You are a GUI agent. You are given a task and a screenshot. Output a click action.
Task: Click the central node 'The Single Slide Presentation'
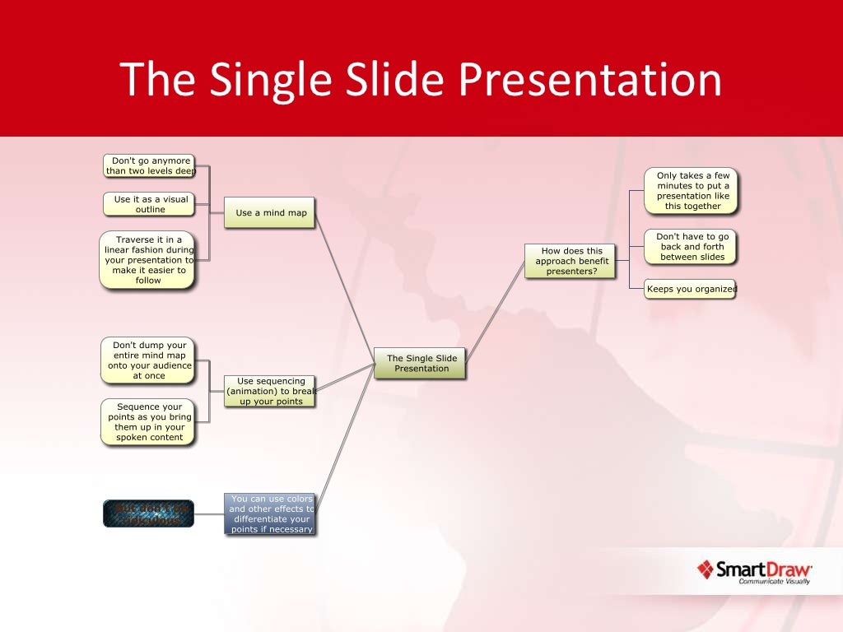click(421, 363)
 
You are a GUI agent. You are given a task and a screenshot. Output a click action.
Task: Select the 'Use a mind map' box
click(270, 212)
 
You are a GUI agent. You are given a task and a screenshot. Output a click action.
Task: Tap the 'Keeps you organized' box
click(690, 289)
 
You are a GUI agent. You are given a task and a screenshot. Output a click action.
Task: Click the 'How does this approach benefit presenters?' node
click(571, 261)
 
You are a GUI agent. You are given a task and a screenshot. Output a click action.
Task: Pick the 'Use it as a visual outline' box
click(150, 204)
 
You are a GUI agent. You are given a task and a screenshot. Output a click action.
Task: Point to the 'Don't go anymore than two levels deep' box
click(150, 166)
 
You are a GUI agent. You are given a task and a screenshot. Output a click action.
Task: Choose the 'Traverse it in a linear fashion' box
click(148, 260)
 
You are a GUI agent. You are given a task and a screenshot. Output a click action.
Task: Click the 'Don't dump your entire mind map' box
click(148, 360)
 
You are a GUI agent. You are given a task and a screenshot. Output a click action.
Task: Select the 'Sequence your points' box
click(148, 422)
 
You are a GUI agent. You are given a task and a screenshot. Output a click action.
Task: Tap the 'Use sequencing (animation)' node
click(270, 391)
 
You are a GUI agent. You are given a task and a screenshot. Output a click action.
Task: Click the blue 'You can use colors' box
click(270, 514)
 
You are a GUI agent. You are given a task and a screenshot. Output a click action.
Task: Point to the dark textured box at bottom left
click(148, 513)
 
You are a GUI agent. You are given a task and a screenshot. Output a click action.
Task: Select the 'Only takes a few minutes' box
click(692, 191)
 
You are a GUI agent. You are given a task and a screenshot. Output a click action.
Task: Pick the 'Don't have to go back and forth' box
click(691, 247)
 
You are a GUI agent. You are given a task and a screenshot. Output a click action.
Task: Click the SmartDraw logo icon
click(705, 569)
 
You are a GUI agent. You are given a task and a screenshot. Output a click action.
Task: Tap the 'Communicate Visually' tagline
click(773, 582)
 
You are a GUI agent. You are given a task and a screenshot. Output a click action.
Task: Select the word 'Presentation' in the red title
click(589, 80)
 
